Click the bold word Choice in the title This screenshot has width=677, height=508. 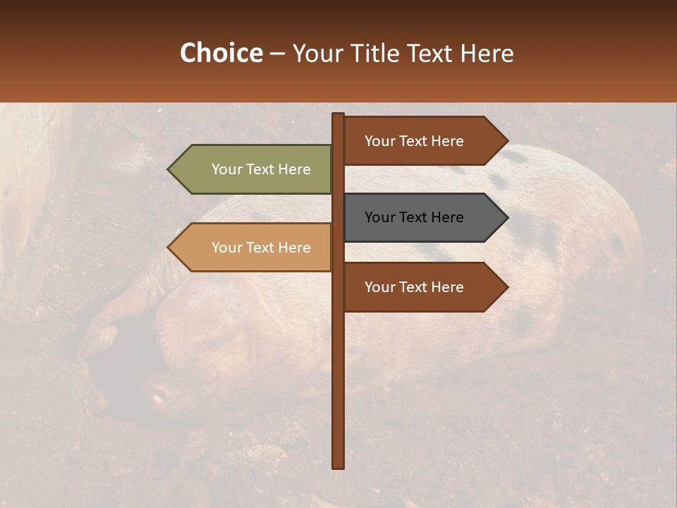coord(221,53)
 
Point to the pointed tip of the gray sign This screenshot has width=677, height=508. coord(506,217)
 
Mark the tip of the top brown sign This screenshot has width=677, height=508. coord(506,141)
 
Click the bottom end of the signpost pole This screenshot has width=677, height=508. coord(338,466)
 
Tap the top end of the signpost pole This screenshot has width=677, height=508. coord(338,115)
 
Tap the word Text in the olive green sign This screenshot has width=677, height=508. coord(261,169)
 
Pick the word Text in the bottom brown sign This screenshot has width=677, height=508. coord(414,287)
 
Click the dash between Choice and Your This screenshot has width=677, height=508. coord(277,54)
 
